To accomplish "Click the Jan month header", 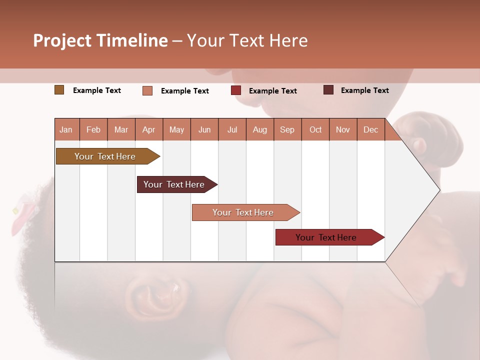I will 66,130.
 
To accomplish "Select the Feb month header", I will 93,130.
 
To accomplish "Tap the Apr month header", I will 148,130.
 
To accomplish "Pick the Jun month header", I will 204,130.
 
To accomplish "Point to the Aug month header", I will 259,130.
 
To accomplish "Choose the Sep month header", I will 287,130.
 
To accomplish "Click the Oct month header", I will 315,130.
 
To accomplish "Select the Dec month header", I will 370,130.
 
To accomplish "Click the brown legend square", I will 59,90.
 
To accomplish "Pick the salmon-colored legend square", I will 147,90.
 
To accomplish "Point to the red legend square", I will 236,90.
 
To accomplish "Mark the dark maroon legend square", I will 328,90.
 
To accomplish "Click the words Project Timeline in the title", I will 100,40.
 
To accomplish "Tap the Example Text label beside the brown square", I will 97,90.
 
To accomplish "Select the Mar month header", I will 121,130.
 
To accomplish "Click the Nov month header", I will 342,130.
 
